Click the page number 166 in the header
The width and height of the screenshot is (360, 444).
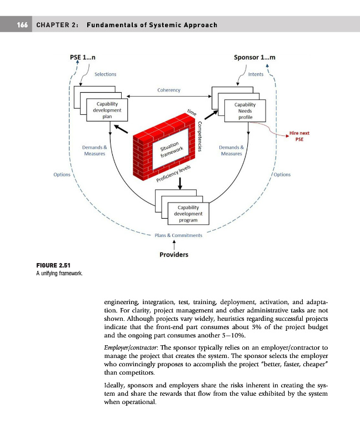tap(22, 26)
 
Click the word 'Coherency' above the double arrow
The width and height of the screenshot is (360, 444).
tap(169, 90)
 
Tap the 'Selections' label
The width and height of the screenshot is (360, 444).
tap(105, 74)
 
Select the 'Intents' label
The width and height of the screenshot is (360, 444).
tap(256, 74)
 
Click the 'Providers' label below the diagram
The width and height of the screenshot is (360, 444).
tap(174, 255)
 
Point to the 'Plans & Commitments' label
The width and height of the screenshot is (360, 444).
tap(178, 235)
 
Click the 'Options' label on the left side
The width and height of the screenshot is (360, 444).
tap(62, 175)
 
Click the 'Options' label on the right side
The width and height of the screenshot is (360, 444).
tap(282, 175)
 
